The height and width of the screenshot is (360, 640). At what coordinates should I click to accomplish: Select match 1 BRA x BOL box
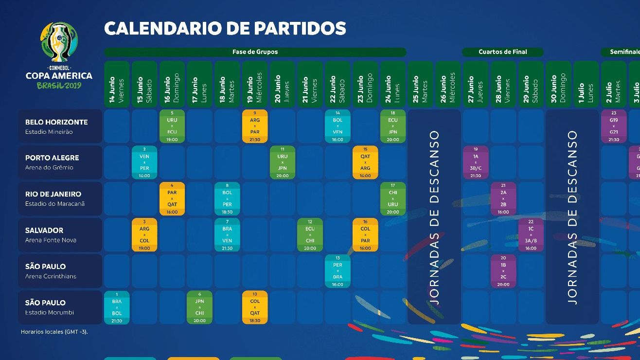coord(117,307)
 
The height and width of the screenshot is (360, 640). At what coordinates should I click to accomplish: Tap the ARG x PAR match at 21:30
coord(255,126)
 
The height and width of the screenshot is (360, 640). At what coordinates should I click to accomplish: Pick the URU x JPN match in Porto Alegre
coord(283,162)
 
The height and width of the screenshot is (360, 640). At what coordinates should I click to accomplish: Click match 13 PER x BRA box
coord(338,271)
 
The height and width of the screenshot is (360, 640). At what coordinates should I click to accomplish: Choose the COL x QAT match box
coord(255,307)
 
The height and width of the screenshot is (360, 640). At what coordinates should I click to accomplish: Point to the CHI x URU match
coord(393,198)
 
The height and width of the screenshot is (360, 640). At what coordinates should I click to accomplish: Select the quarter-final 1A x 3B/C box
coord(476,162)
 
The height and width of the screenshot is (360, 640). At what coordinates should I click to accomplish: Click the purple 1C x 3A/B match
coord(531,235)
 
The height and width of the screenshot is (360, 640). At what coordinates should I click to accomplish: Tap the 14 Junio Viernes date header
coord(117,84)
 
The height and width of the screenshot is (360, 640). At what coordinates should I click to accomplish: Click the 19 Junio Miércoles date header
coord(255,84)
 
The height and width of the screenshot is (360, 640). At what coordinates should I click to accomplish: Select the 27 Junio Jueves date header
coord(476,84)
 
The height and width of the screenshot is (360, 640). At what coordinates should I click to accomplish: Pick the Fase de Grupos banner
coord(255,52)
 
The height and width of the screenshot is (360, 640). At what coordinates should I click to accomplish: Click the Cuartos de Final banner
coord(503,52)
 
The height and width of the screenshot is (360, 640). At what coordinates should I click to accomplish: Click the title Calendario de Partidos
coord(225,29)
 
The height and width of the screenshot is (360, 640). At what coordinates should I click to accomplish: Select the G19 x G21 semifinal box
coord(614,126)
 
